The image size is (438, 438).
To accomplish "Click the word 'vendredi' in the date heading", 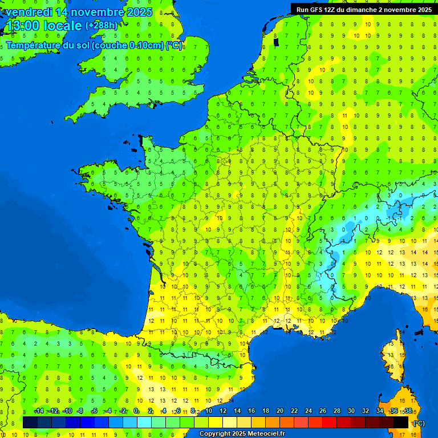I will coord(27,12).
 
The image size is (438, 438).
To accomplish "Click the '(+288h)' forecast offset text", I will coord(102,26).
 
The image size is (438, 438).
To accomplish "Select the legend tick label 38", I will coord(408,411).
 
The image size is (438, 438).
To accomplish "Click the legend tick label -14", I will coord(39,411).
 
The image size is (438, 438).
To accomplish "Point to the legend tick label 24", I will coord(309,411).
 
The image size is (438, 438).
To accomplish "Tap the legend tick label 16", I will coord(252,411).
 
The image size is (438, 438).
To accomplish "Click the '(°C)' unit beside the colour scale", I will coord(419,423).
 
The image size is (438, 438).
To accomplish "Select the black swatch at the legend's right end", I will coord(401,422).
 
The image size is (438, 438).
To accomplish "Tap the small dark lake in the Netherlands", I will coord(277,42).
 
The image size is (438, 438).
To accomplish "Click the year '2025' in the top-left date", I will coord(139,12).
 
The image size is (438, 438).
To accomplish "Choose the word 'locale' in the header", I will coord(63,26).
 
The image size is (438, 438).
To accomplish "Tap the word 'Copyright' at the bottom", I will coord(215,434).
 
